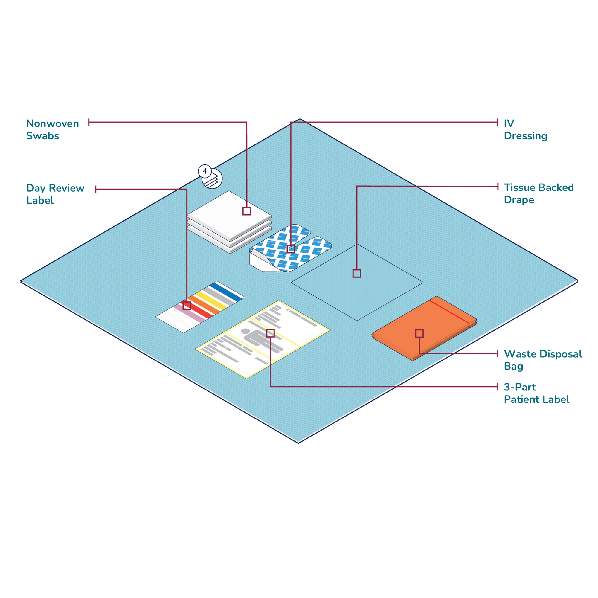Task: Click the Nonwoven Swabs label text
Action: [x=52, y=130]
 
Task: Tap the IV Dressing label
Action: [x=525, y=130]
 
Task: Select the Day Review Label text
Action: [x=55, y=194]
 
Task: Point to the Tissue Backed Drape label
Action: [x=538, y=193]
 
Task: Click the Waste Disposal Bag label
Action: [x=543, y=360]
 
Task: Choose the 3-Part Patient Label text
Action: [x=536, y=393]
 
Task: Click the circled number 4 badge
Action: [x=205, y=171]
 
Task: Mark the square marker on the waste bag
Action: [x=419, y=333]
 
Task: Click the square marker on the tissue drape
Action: [x=357, y=273]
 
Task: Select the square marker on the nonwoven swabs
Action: [x=246, y=211]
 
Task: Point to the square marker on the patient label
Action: [x=270, y=333]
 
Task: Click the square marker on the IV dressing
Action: [x=291, y=248]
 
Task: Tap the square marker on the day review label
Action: [x=187, y=306]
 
